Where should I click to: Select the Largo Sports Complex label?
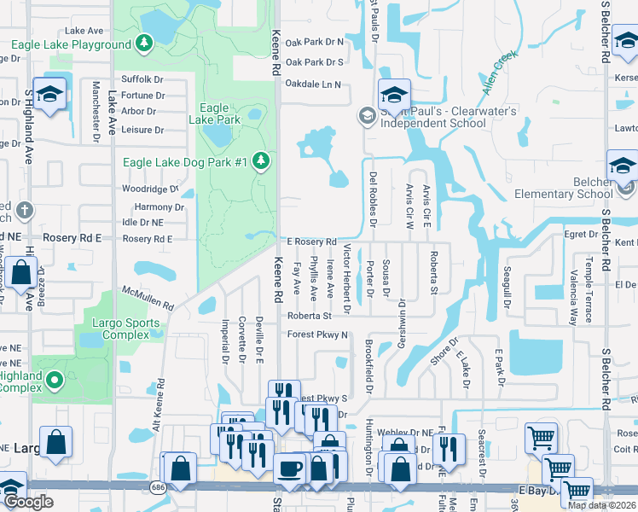pos(126,329)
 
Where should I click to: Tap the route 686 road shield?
pos(158,485)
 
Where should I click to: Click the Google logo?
pos(27,502)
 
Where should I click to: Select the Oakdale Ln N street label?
pos(312,84)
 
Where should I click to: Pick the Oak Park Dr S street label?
pos(314,62)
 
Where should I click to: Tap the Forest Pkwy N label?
pos(317,335)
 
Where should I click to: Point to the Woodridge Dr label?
pos(150,189)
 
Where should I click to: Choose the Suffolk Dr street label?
pos(142,79)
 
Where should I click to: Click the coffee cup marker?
pos(289,468)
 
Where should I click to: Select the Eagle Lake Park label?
pos(214,114)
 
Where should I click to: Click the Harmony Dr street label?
pos(159,207)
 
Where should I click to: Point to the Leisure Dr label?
pos(142,130)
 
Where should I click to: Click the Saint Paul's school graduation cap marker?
pos(395,94)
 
